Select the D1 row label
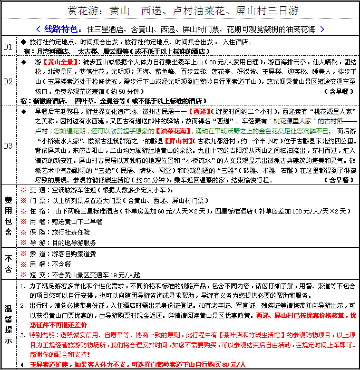coord(8,46)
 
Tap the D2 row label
coord(8,82)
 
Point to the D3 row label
coord(8,145)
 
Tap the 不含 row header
coord(8,264)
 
